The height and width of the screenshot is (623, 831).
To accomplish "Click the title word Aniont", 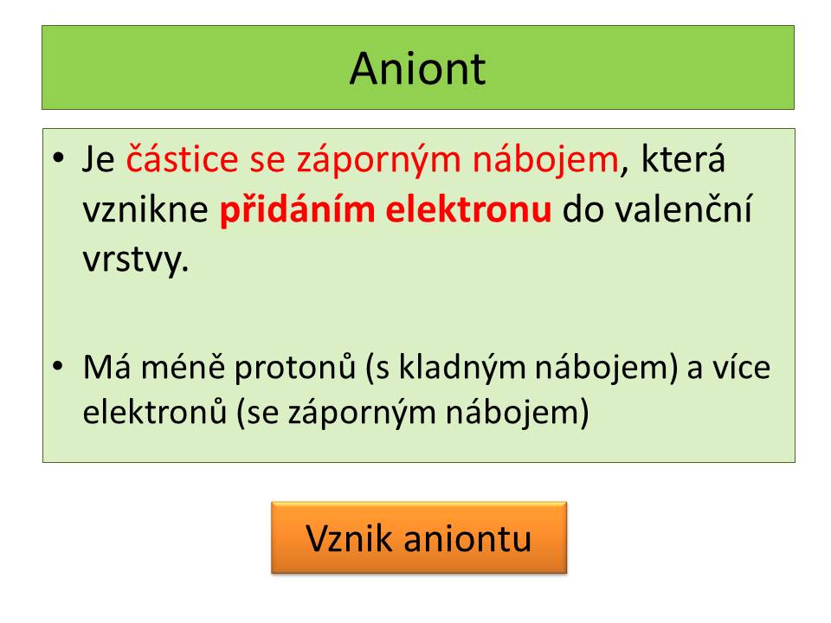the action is pos(417,69).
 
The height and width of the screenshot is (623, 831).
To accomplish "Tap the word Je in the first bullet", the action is pos(99,159).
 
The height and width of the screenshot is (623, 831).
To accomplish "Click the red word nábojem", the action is pos(545,159).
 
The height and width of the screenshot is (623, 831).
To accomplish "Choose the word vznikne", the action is pos(145,209).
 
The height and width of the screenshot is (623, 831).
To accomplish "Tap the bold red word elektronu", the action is pos(468,209).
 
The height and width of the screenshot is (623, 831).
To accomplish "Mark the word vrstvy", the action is pos(136,260).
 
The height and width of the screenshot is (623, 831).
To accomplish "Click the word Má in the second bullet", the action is pos(106,366).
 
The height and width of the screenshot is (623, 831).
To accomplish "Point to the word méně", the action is pos(183,366).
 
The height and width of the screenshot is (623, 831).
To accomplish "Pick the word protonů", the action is pos(294,367).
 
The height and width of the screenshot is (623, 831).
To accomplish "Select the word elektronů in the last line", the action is pos(155,411).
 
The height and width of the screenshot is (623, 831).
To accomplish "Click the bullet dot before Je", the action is pos(58,157).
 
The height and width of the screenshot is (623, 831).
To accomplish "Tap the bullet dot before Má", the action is pos(58,365).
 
